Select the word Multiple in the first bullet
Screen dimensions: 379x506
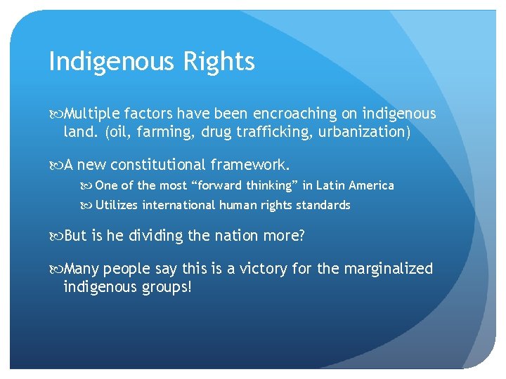(x=89, y=114)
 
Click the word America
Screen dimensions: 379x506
(x=370, y=186)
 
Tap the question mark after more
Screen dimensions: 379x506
(x=301, y=236)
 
